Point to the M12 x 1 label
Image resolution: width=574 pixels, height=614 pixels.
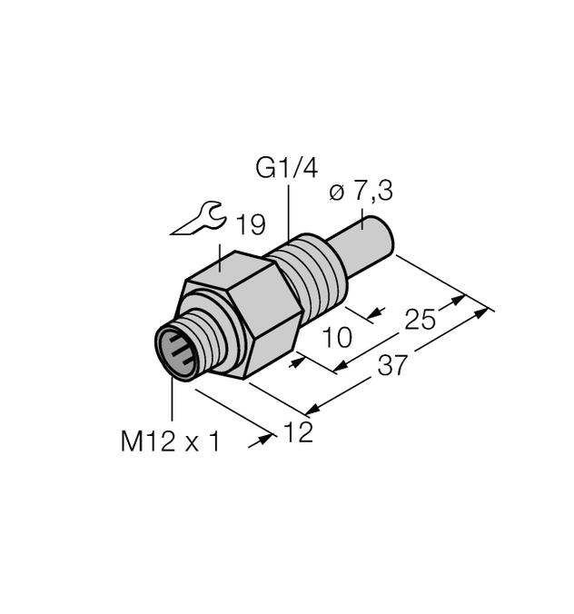point(171,441)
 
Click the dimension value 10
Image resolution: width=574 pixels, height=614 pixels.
point(337,338)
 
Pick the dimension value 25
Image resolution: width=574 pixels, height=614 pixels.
point(421,320)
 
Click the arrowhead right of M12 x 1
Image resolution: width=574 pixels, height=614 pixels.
point(267,439)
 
